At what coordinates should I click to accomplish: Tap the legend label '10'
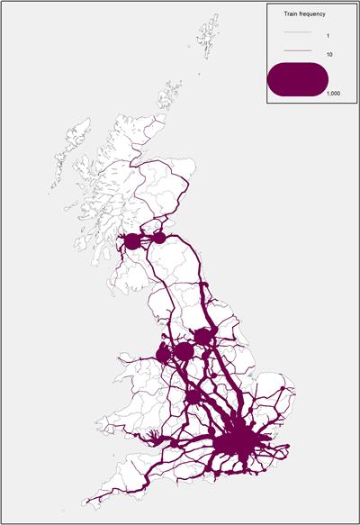click(x=329, y=55)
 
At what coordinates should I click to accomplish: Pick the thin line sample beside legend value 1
click(x=297, y=32)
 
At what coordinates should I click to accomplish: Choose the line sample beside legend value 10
click(x=297, y=55)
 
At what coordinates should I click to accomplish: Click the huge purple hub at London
click(x=240, y=442)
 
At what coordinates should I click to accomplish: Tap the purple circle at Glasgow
click(x=132, y=241)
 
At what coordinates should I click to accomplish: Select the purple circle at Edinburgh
click(x=159, y=239)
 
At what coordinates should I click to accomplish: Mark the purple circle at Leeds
click(x=202, y=336)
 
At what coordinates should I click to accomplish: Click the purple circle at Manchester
click(x=184, y=350)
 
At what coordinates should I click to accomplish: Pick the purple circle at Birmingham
click(x=193, y=396)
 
